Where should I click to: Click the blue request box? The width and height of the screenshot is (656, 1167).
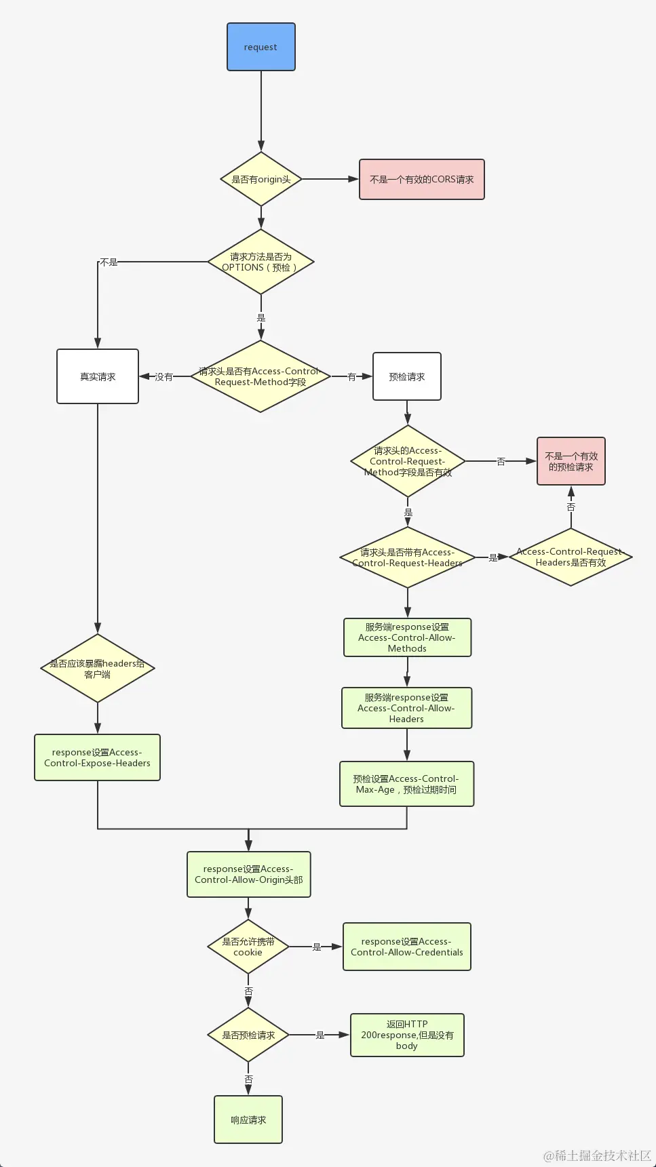[261, 47]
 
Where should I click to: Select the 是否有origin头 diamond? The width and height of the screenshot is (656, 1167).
[261, 179]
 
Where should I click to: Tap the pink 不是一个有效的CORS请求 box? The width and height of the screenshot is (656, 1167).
[421, 179]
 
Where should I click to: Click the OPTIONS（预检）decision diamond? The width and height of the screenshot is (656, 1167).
[261, 262]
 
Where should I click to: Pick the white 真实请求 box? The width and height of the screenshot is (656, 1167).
[98, 376]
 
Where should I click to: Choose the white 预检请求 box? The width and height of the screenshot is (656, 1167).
[407, 376]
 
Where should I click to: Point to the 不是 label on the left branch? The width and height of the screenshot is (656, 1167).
[109, 262]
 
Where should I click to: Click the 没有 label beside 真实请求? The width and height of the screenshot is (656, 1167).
[164, 376]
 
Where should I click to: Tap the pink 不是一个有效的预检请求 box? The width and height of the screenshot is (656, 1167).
[571, 461]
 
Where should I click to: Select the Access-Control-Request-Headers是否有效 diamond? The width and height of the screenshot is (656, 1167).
[571, 557]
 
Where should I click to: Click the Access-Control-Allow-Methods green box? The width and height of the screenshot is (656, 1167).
[407, 637]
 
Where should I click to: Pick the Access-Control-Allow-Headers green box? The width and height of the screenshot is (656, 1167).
[406, 708]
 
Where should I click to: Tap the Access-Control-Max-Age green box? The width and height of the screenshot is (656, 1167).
[406, 784]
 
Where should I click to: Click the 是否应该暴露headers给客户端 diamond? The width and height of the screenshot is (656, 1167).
[98, 669]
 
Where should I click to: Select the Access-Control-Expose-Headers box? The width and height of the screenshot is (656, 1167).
[98, 757]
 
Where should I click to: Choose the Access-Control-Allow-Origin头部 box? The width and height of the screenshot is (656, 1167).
[249, 874]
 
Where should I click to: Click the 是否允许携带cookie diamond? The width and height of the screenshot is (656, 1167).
[248, 947]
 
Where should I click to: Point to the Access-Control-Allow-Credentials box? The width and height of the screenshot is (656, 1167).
[407, 947]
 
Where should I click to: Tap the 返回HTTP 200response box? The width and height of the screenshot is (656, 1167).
[407, 1035]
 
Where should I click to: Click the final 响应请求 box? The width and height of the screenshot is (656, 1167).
[248, 1120]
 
